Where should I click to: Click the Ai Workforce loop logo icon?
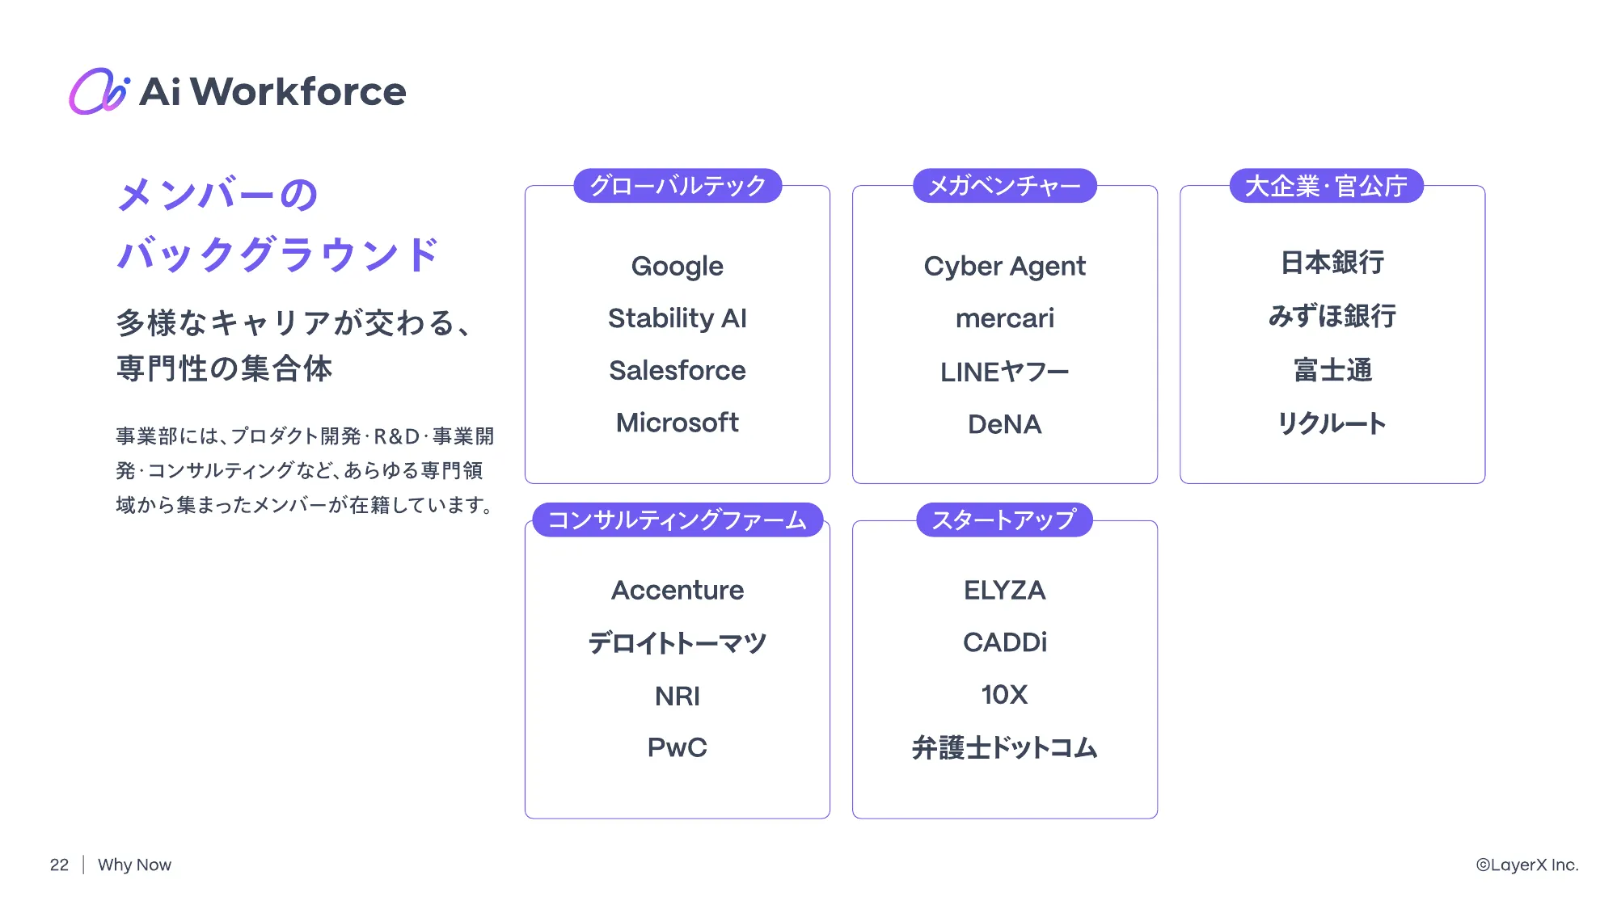click(99, 90)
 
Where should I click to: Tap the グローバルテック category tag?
click(678, 186)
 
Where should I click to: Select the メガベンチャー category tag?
click(1004, 186)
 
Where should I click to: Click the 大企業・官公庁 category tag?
click(1326, 186)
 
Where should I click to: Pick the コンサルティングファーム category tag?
click(678, 520)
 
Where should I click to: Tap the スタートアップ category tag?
click(1004, 520)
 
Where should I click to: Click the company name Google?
click(678, 266)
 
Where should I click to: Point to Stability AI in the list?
click(678, 318)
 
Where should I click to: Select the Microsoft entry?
click(678, 423)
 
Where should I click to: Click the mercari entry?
click(1005, 318)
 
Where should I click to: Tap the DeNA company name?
click(1005, 424)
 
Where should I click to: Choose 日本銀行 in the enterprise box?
click(1332, 263)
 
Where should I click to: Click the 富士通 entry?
click(1332, 370)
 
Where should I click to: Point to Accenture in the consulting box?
click(678, 590)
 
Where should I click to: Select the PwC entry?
click(678, 747)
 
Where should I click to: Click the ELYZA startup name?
click(1005, 590)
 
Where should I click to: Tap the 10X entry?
click(1005, 695)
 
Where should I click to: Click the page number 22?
click(59, 865)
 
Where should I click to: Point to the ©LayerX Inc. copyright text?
click(1527, 865)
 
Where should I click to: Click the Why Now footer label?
click(134, 865)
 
